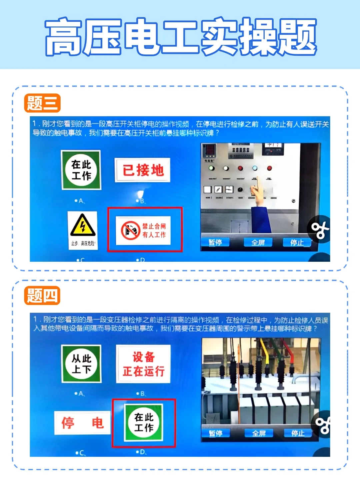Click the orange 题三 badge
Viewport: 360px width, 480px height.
(x=42, y=103)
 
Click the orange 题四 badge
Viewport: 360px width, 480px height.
(x=42, y=295)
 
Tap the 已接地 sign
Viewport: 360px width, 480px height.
(x=143, y=170)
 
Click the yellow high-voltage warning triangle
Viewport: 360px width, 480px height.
(x=82, y=226)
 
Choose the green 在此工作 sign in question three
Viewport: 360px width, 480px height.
(x=81, y=170)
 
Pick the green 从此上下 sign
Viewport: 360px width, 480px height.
(x=81, y=364)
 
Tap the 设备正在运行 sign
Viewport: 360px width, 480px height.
(x=143, y=364)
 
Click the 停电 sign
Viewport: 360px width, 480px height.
(x=82, y=423)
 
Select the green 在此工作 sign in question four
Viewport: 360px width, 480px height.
(x=143, y=422)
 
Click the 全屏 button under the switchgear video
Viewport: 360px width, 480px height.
(x=258, y=242)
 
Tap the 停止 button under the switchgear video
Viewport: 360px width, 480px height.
(x=296, y=242)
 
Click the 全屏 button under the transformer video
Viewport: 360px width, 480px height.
(x=259, y=433)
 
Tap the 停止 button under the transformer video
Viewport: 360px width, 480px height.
(x=298, y=433)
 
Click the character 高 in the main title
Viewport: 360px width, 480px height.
(x=63, y=37)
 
